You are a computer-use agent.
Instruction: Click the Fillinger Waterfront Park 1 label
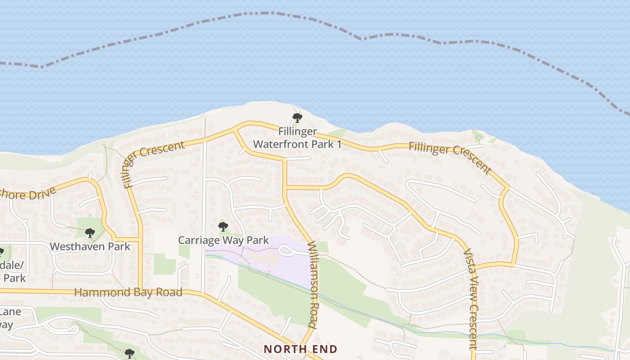point(297,138)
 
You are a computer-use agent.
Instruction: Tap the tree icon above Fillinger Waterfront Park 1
point(297,118)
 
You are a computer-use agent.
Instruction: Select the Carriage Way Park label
point(223,240)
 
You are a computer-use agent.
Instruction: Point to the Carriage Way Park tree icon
point(223,226)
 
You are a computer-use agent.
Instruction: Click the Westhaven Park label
point(90,247)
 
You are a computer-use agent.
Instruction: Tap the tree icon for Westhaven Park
point(90,233)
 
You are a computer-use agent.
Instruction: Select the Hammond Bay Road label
point(128,292)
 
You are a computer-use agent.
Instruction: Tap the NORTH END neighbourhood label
point(300,349)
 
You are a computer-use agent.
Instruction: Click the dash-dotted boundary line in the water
point(270,13)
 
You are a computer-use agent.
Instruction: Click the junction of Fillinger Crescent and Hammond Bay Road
point(140,291)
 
